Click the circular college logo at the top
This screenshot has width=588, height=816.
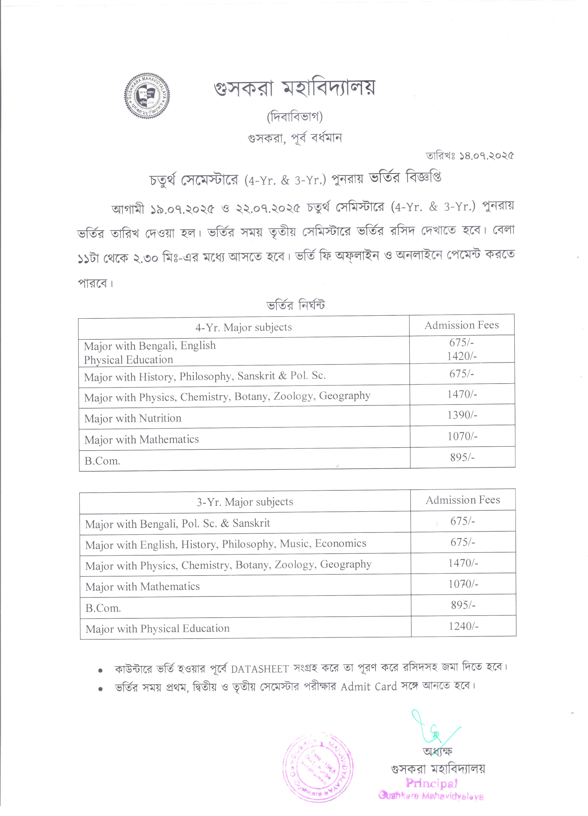(x=147, y=96)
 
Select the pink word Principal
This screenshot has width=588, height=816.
(x=431, y=783)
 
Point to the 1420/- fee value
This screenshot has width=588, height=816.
(x=462, y=356)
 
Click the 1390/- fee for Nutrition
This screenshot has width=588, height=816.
(x=462, y=415)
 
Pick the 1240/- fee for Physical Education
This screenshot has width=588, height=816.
(x=463, y=626)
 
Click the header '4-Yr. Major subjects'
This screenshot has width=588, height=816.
(x=244, y=327)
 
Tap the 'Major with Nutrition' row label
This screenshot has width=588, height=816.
(x=133, y=418)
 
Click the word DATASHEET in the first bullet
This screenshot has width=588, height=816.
(x=260, y=669)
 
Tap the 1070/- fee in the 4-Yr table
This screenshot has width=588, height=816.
(x=462, y=436)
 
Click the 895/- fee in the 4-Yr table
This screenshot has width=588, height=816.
(x=462, y=457)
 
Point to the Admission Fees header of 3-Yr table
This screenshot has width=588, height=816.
(x=463, y=500)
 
